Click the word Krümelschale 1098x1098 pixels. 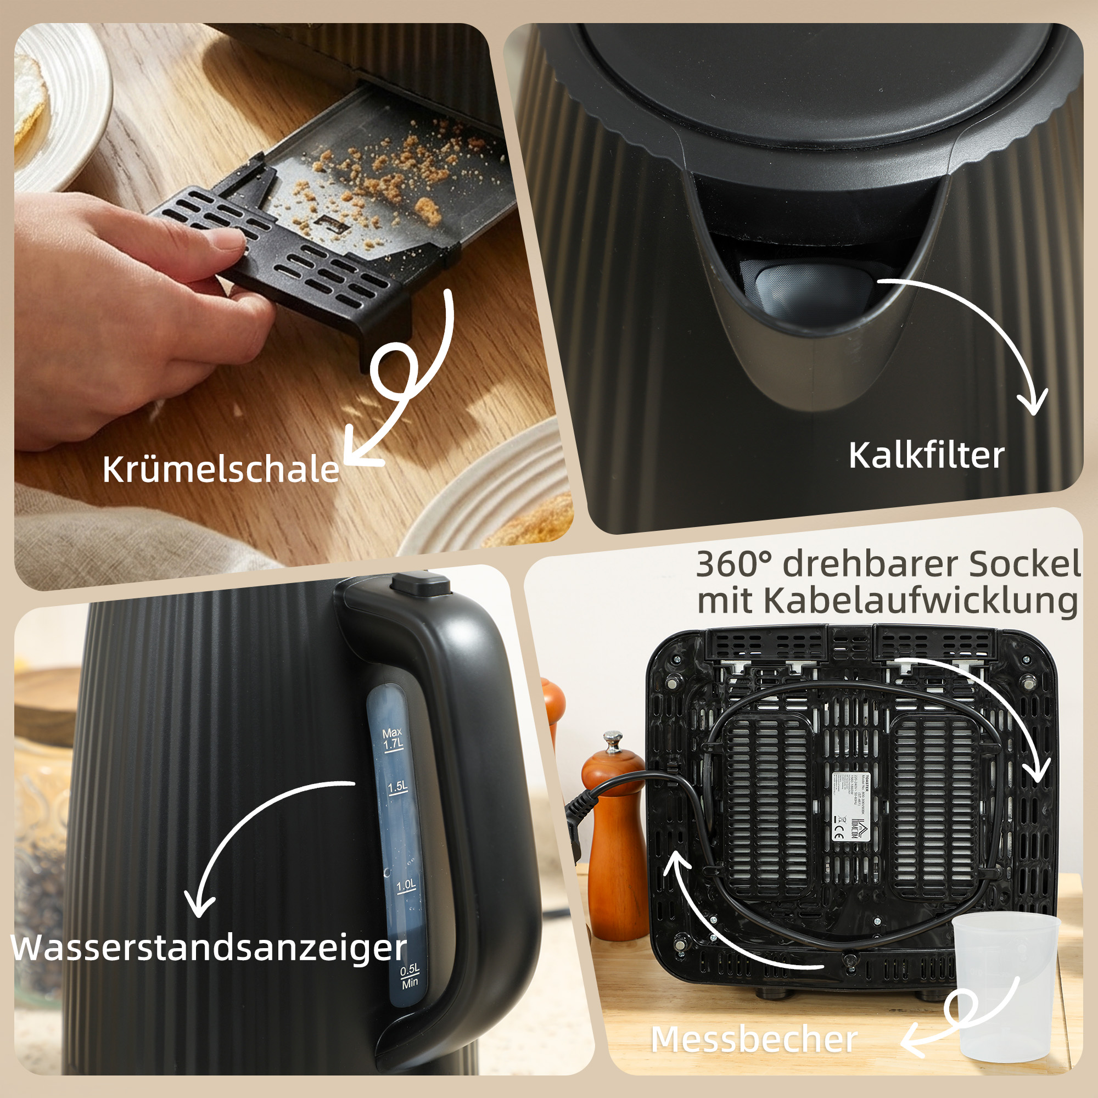221,469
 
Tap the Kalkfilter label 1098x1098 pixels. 926,456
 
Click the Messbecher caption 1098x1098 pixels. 754,1039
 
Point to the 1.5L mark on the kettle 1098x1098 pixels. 397,788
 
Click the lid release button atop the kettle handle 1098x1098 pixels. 421,584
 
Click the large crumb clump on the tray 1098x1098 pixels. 427,210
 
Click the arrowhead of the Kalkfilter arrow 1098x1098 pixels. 1032,404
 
